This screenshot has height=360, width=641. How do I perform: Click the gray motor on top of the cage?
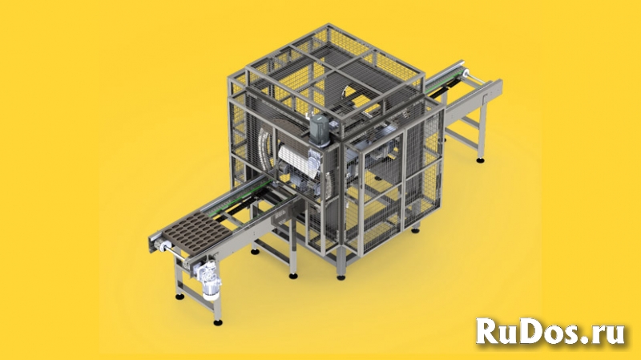[320, 131]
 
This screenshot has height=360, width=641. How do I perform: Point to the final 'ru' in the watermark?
[608, 334]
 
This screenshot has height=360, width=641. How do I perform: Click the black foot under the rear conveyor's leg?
[481, 160]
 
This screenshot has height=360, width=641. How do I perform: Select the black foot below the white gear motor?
[218, 322]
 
